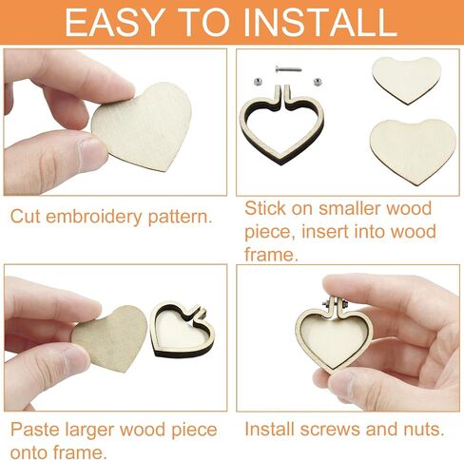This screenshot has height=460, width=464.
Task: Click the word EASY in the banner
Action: click(x=112, y=22)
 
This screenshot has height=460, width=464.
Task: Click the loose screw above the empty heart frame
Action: click(x=288, y=68)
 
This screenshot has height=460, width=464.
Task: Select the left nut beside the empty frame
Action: click(x=259, y=82)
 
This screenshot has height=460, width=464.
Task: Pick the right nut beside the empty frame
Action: click(x=318, y=82)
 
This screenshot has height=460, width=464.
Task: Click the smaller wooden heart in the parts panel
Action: click(x=407, y=80)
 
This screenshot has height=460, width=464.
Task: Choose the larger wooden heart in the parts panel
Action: click(x=413, y=151)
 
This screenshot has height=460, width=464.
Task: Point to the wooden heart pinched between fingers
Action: click(x=143, y=126)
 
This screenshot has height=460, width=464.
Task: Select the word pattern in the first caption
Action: click(x=180, y=218)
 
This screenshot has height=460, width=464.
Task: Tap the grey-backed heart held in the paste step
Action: click(x=109, y=338)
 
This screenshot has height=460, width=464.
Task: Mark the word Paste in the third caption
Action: click(x=35, y=430)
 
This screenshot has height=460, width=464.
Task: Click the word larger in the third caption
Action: click(x=89, y=431)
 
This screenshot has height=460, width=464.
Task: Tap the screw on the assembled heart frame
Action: click(x=336, y=304)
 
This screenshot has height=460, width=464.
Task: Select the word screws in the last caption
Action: click(x=330, y=430)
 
